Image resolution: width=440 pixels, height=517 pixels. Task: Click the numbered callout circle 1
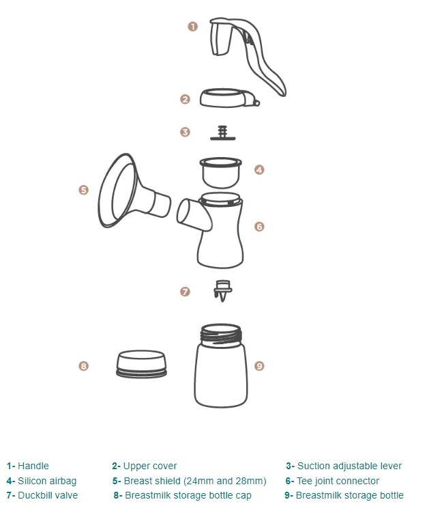click(192, 27)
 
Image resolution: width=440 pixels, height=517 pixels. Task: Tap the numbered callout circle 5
click(84, 190)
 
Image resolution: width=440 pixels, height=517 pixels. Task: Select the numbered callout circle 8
click(84, 365)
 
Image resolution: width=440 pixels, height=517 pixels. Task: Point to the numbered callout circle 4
click(259, 170)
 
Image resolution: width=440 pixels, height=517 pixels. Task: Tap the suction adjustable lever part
click(222, 133)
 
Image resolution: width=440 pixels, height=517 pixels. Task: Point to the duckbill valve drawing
click(223, 290)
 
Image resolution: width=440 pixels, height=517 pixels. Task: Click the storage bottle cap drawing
click(141, 364)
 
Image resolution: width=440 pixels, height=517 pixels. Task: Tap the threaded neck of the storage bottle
click(221, 335)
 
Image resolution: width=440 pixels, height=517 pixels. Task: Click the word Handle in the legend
click(33, 466)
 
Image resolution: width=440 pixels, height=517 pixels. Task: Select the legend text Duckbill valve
click(48, 495)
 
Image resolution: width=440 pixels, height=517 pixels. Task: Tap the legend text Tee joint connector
click(338, 481)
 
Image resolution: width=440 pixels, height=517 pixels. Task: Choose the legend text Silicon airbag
click(47, 481)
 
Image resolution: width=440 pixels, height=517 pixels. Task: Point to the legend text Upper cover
click(150, 466)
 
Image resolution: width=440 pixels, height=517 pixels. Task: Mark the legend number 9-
click(289, 495)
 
